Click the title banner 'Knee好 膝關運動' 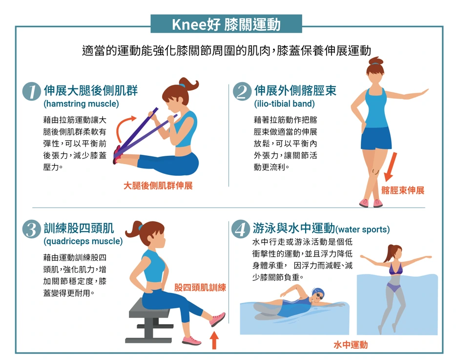[x=226, y=24]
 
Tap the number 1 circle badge [x=31, y=91]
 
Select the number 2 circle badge [x=242, y=91]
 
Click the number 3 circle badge [x=31, y=229]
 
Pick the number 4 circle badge [x=241, y=229]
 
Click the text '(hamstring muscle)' [x=81, y=104]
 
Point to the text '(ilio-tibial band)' [x=285, y=104]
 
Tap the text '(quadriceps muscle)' [x=83, y=241]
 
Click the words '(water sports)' [x=362, y=229]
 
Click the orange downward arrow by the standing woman [x=390, y=167]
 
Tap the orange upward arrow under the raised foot [x=214, y=340]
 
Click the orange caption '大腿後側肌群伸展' [x=158, y=186]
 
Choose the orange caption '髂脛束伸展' [x=403, y=191]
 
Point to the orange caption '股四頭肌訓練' [x=200, y=288]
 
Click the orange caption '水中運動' [x=351, y=345]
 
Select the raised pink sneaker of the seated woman [x=218, y=319]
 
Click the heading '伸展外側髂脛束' [x=295, y=90]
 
